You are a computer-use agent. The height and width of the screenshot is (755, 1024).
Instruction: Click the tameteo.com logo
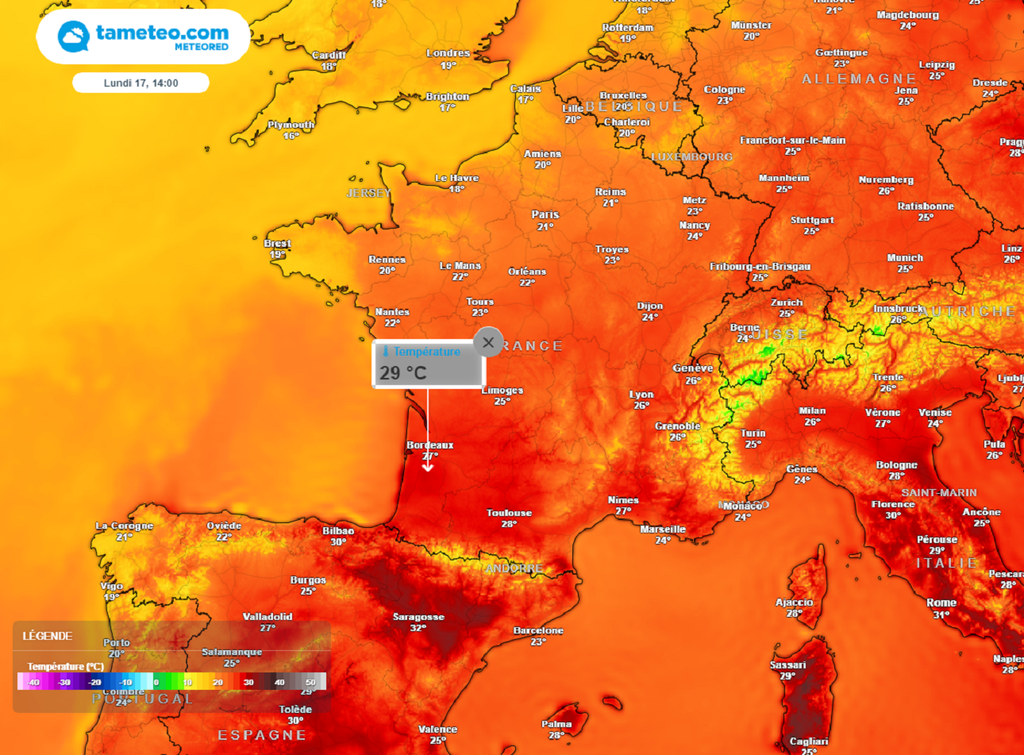[x=143, y=37]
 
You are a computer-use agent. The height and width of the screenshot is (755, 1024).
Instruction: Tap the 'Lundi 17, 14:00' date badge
[x=141, y=83]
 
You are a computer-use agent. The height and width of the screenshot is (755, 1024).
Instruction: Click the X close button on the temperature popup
[x=488, y=342]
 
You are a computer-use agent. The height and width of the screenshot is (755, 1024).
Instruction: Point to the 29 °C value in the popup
[x=403, y=373]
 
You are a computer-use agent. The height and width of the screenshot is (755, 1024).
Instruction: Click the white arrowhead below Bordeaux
[x=428, y=465]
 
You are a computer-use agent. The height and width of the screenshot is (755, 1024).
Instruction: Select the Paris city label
[x=545, y=214]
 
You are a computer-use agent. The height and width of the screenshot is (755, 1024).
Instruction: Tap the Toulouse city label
[x=509, y=513]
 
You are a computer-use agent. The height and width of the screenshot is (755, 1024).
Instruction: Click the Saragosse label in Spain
[x=418, y=617]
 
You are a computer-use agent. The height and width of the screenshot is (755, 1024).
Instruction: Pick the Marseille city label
[x=662, y=529]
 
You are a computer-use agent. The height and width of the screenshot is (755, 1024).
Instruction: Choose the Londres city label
[x=447, y=53]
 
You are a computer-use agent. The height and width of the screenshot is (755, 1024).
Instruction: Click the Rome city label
[x=941, y=603]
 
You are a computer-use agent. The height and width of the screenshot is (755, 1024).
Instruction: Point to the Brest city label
[x=277, y=243]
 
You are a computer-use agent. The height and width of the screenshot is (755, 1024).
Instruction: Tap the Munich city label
[x=905, y=258]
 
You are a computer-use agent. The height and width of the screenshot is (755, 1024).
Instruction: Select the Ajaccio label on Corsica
[x=794, y=602]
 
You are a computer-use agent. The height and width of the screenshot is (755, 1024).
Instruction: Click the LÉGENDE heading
[x=47, y=636]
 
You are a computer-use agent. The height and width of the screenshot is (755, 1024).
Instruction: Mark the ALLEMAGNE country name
[x=859, y=78]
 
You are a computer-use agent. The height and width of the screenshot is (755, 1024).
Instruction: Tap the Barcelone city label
[x=538, y=631]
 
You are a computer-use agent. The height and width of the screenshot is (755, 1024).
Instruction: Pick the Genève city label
[x=693, y=368]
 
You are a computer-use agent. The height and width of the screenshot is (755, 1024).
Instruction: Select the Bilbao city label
[x=338, y=531]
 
